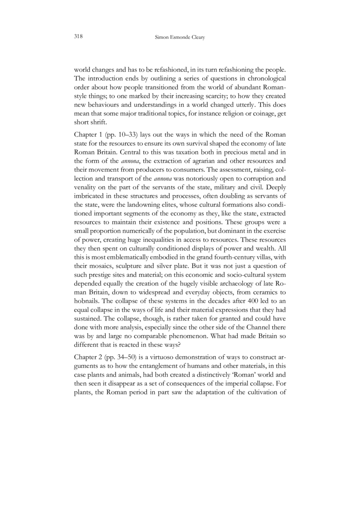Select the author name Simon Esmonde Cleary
coord(180,37)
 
